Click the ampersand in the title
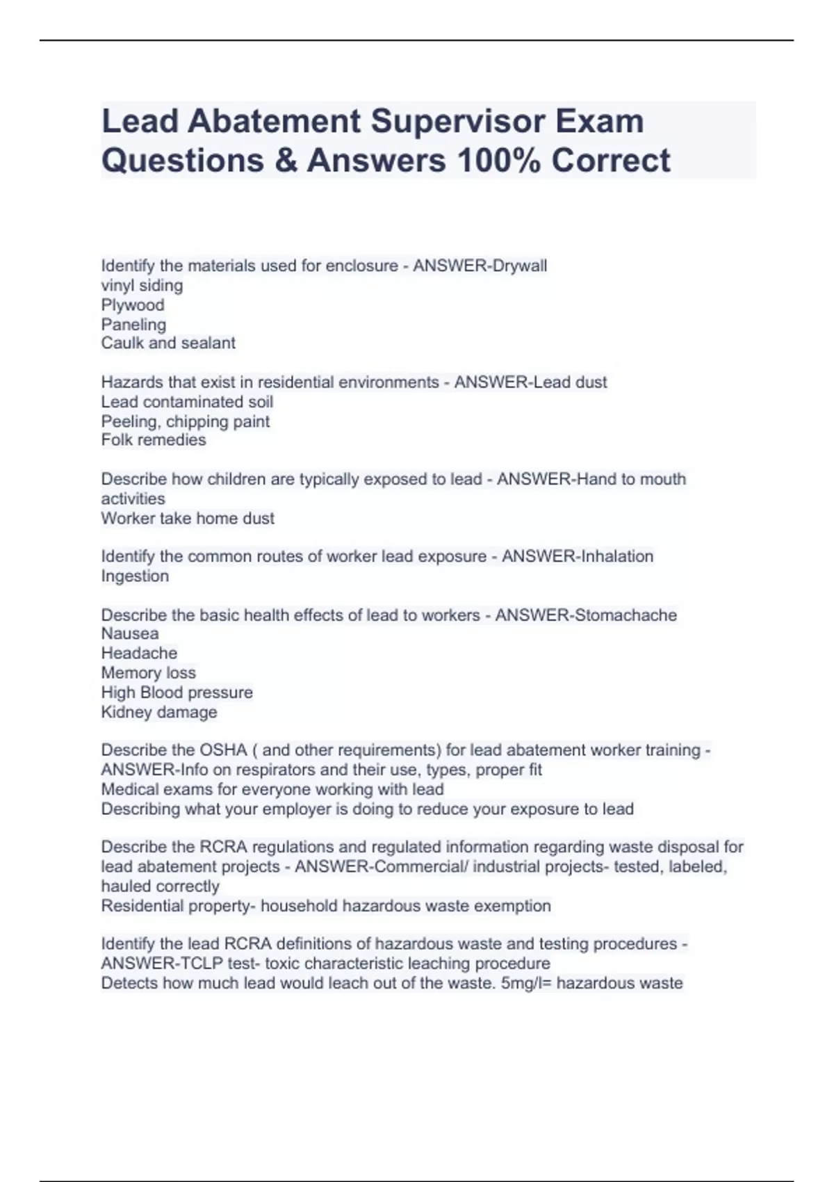click(285, 160)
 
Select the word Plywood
click(133, 305)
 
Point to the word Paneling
click(133, 325)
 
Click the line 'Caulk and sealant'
click(168, 343)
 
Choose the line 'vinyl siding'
click(142, 286)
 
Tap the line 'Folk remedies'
click(154, 440)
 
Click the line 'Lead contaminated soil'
click(187, 402)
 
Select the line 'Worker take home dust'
click(188, 518)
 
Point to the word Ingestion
click(135, 576)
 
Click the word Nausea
click(130, 633)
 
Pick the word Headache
click(139, 653)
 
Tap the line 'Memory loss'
click(148, 672)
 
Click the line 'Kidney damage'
click(159, 712)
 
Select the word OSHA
click(223, 750)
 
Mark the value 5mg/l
click(521, 983)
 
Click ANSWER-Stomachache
click(586, 615)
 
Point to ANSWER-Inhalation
click(578, 556)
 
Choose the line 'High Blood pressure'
click(177, 693)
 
